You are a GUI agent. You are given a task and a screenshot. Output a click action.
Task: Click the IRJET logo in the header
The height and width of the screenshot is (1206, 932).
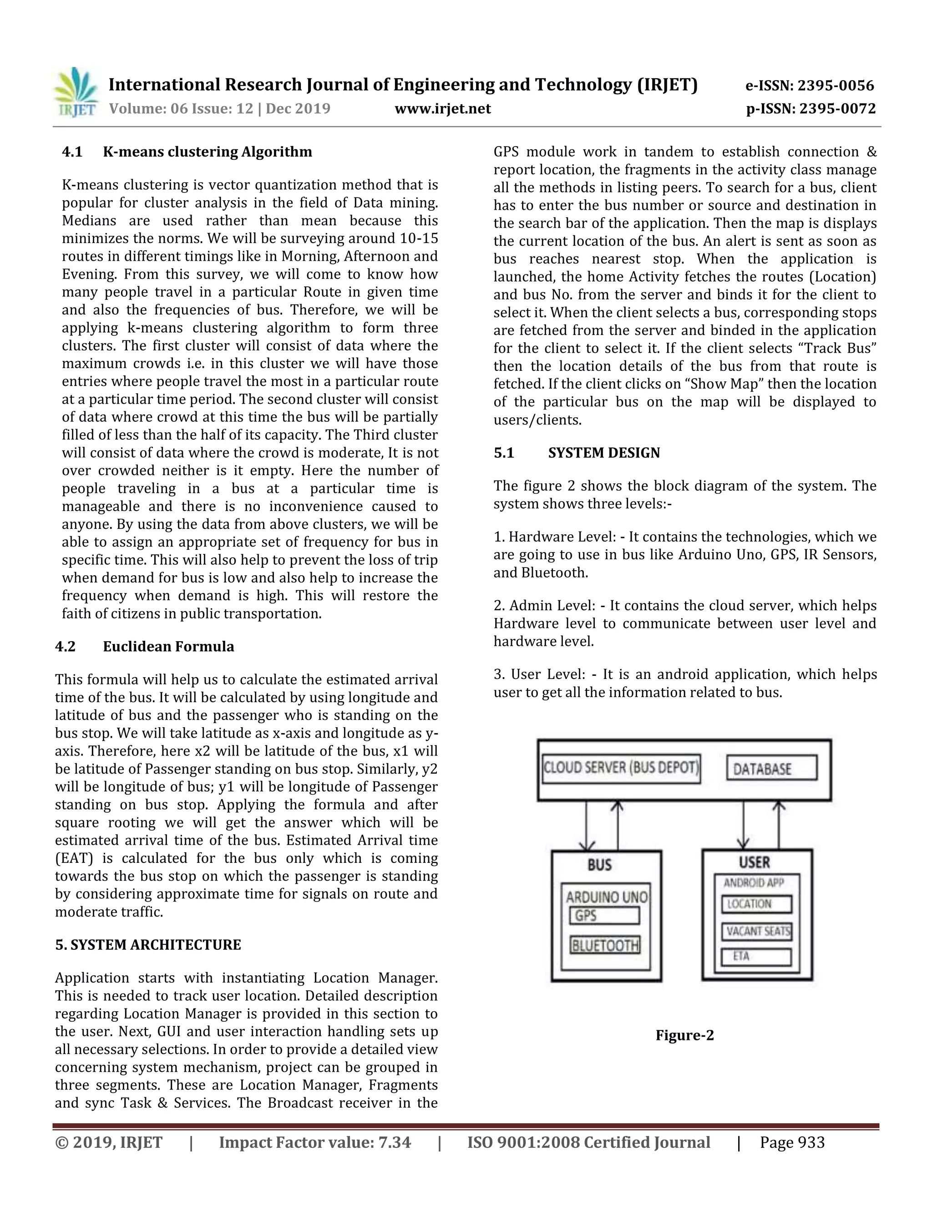(76, 93)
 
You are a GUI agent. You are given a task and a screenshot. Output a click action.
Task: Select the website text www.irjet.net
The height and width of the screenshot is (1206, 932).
(442, 108)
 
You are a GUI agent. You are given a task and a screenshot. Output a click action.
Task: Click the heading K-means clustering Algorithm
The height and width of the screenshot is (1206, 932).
(207, 152)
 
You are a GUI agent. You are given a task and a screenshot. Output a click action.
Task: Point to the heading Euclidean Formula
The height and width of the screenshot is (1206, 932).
(168, 647)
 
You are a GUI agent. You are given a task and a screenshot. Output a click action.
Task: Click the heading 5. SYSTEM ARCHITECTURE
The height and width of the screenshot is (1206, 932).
(148, 945)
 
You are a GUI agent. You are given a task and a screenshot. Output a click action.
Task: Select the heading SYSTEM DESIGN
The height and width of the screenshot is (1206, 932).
(604, 453)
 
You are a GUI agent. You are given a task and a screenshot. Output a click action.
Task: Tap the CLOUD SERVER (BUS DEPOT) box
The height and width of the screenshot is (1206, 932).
(621, 768)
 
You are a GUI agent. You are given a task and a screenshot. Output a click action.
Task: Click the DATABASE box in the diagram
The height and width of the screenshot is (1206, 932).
(771, 769)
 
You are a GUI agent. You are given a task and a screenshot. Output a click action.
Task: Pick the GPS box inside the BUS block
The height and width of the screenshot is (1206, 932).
(604, 916)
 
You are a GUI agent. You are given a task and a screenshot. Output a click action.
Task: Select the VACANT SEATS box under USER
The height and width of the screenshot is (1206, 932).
(757, 932)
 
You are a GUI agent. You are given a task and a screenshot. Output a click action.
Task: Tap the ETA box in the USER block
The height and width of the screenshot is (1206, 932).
(756, 957)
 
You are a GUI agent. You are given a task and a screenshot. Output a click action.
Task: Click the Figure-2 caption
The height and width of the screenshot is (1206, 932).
(684, 1035)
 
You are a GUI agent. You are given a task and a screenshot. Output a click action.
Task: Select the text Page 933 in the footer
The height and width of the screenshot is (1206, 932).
(792, 1142)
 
